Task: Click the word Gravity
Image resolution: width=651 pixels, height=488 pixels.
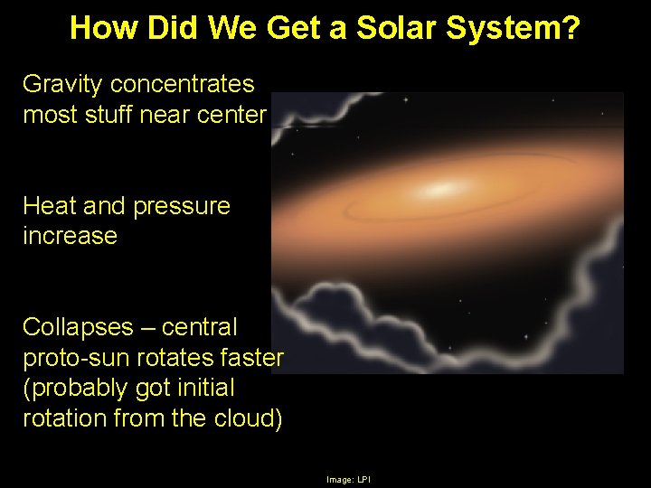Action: (x=62, y=85)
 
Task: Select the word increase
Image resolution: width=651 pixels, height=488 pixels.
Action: (x=70, y=237)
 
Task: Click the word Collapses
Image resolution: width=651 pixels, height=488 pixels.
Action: (x=75, y=327)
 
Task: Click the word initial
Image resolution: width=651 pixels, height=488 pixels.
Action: (x=203, y=389)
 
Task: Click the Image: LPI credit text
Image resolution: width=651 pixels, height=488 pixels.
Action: (x=348, y=479)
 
